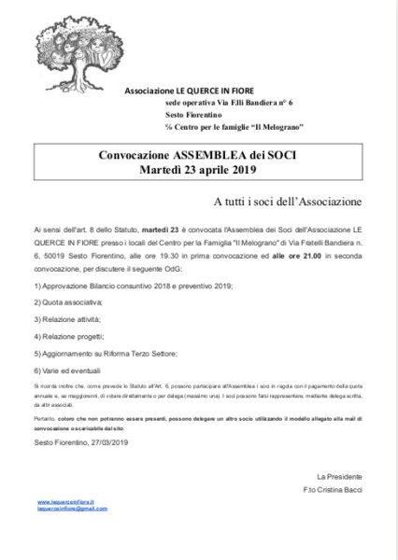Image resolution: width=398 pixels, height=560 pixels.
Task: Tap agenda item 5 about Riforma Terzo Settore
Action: pos(105,354)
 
